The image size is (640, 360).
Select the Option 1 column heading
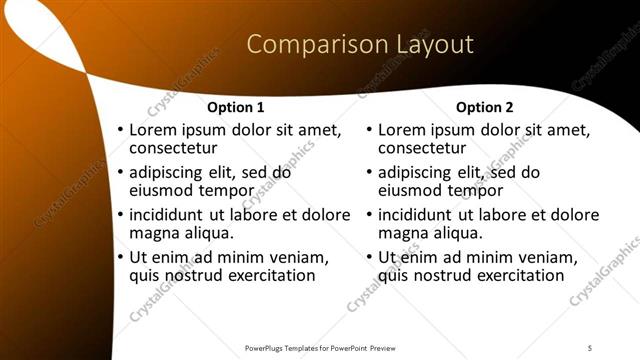pyautogui.click(x=236, y=107)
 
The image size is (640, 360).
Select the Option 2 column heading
pyautogui.click(x=485, y=107)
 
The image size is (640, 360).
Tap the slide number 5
pyautogui.click(x=590, y=347)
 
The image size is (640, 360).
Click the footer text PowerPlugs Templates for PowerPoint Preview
pyautogui.click(x=320, y=347)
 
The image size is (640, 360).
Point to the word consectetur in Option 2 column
pyautogui.click(x=423, y=149)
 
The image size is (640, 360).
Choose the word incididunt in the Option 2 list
pyautogui.click(x=421, y=215)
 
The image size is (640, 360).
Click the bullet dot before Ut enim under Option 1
pyautogui.click(x=121, y=258)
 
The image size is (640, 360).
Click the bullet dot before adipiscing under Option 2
pyautogui.click(x=370, y=173)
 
